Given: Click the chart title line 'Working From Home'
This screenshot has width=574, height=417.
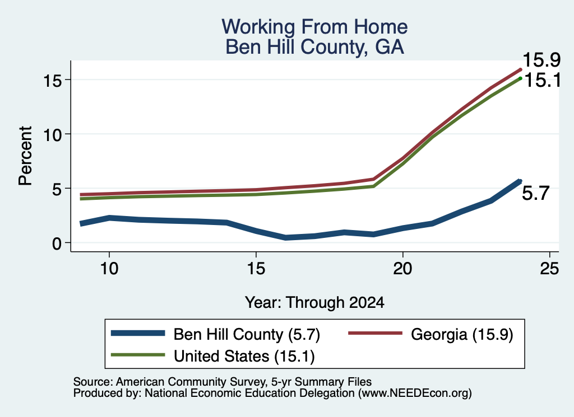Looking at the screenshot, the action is [314, 27].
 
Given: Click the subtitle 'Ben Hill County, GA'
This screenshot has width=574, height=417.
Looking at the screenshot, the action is [314, 47].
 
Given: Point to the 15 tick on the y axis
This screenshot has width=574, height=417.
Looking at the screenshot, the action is [53, 79].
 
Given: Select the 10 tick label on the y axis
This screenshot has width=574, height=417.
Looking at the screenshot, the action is [53, 134].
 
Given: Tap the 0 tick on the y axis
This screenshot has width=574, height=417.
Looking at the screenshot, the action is [57, 243].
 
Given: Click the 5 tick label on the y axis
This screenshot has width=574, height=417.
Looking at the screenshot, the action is [57, 189].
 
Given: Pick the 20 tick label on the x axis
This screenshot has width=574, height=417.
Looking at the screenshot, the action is [402, 269].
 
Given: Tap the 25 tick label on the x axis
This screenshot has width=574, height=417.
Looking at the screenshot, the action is [549, 269].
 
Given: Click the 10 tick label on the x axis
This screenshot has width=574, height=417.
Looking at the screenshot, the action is [109, 269].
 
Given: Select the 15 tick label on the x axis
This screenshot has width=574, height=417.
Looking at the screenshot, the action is [256, 269].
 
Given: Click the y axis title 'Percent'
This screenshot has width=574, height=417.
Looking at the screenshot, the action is [25, 156].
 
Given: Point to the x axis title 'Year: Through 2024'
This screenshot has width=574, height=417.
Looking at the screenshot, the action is [314, 303].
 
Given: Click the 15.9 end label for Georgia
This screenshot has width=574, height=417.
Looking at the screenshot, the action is [541, 60].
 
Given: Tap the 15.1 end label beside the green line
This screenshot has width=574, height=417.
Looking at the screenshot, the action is [543, 80].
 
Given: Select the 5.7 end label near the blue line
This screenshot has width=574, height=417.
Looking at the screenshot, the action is [535, 193].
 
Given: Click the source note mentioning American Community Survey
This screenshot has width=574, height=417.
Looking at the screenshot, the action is [223, 382].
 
